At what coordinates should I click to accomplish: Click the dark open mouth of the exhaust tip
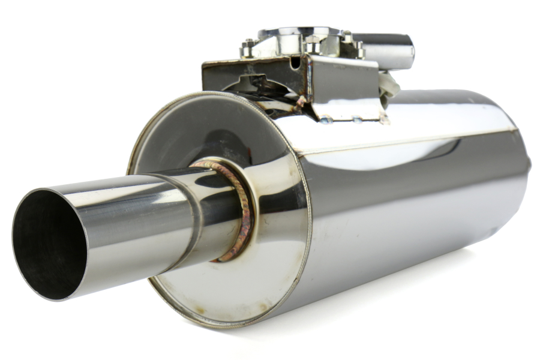click(x=48, y=243)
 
